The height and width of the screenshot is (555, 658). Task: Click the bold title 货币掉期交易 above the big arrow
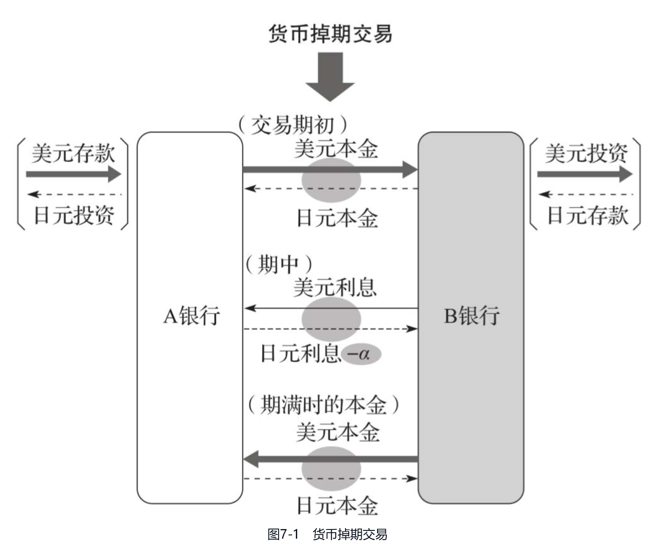click(x=330, y=33)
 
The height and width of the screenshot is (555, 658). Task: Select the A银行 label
click(x=191, y=316)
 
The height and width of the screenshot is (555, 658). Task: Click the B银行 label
click(x=472, y=316)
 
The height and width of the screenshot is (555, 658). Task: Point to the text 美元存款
click(x=73, y=154)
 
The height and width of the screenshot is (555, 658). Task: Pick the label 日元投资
click(x=74, y=215)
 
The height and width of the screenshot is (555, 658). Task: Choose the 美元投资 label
click(x=586, y=154)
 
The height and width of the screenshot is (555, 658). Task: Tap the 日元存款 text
click(x=587, y=215)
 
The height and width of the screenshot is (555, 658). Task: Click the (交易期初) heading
click(x=293, y=125)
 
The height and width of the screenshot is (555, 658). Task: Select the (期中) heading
click(x=279, y=265)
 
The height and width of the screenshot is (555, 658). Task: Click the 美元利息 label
click(x=335, y=288)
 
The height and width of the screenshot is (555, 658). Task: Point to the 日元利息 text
click(x=300, y=354)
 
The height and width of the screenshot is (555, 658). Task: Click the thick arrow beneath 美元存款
click(x=73, y=174)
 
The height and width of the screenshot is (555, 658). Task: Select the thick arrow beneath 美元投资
click(x=585, y=174)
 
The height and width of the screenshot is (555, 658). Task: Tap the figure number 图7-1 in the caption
click(x=282, y=534)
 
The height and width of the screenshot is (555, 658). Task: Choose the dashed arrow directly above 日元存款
click(x=586, y=194)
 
